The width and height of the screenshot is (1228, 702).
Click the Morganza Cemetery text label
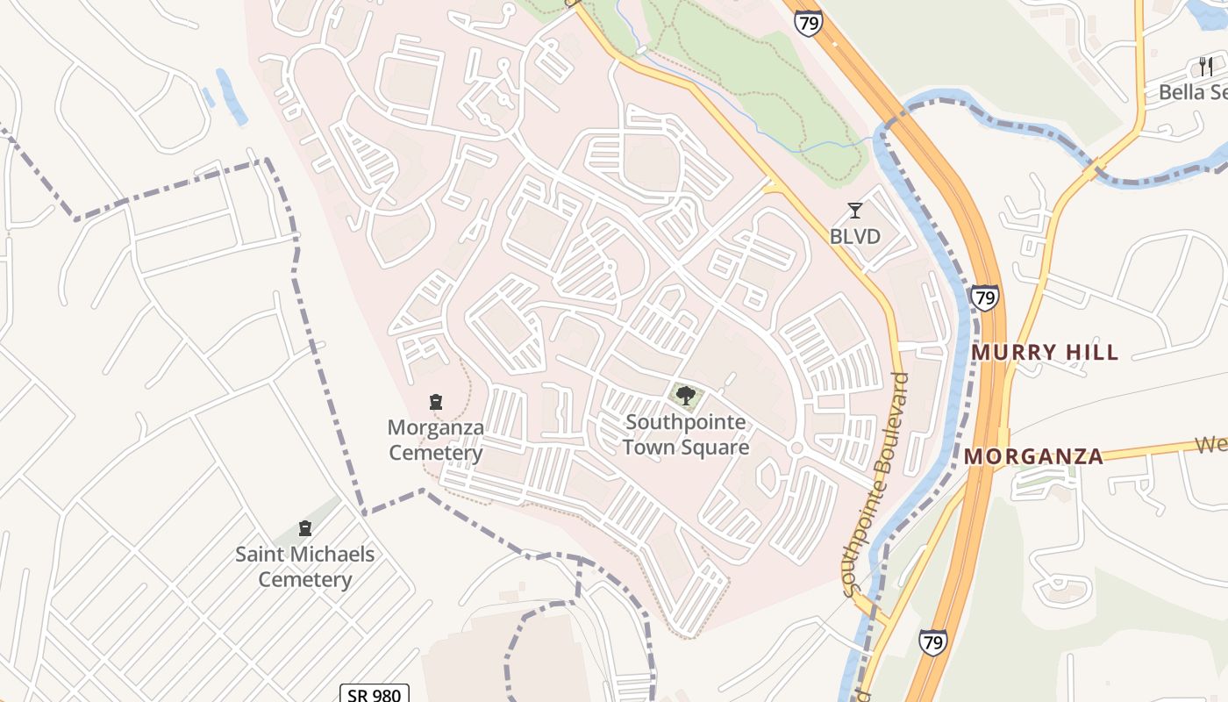(436, 441)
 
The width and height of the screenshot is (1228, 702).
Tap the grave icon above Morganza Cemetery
(436, 403)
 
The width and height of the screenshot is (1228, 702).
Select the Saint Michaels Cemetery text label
(304, 567)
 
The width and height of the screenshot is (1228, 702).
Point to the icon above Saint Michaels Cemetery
(305, 528)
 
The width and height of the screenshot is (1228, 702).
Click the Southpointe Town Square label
(686, 434)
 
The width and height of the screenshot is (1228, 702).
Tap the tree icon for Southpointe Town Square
(686, 396)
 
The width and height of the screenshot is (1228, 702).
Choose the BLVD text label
(854, 237)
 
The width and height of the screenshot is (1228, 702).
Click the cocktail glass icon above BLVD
(855, 211)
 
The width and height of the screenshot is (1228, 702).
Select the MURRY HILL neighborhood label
(1045, 353)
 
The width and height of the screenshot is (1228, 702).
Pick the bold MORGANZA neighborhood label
(1033, 456)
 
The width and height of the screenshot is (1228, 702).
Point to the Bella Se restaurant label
(1192, 92)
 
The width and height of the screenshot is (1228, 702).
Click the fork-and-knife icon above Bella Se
(1206, 66)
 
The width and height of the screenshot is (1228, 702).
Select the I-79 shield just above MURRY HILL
(984, 297)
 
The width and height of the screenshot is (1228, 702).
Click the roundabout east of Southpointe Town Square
(796, 448)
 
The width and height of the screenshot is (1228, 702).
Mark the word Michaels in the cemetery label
(330, 555)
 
